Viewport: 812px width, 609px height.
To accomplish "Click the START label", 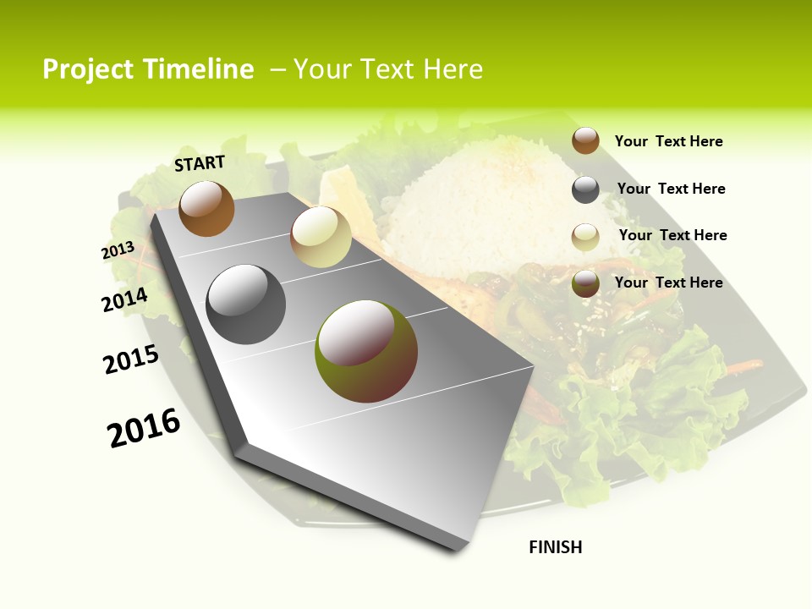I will [200, 162].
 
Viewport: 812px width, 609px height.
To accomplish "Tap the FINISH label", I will [556, 547].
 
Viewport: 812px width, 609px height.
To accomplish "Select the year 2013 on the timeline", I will [118, 250].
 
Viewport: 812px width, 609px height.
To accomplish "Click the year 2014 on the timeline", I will [125, 299].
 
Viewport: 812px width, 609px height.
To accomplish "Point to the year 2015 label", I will [131, 359].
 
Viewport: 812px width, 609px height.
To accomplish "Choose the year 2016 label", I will [144, 427].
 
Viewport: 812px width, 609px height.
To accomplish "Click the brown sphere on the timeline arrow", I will [206, 208].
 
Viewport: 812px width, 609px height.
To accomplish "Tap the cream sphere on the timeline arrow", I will [321, 237].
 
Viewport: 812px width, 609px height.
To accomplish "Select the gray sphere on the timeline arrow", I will [246, 304].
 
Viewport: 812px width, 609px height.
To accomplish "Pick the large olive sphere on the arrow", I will [365, 351].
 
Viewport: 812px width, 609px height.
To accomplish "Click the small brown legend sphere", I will [585, 140].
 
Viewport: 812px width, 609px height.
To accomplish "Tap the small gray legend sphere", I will [585, 189].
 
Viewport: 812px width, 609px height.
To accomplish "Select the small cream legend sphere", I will [585, 237].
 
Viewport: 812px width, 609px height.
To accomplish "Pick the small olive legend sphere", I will [585, 283].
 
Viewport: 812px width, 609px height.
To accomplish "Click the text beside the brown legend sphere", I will [668, 141].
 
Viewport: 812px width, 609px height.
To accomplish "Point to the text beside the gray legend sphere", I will [671, 189].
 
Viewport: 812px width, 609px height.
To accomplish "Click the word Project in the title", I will [87, 69].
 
